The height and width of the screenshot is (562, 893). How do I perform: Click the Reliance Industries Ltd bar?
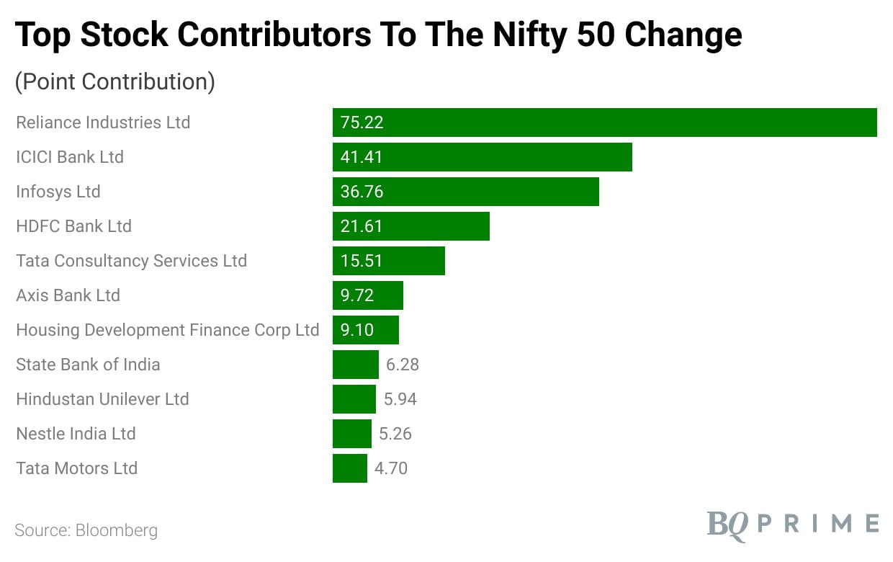[604, 122]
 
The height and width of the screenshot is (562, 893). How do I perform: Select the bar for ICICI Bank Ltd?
[482, 157]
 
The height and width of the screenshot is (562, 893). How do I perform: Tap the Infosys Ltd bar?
[465, 192]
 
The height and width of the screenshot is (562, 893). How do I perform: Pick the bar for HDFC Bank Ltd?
[410, 226]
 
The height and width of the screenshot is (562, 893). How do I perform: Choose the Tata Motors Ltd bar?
[350, 468]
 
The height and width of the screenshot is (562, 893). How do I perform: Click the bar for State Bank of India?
[355, 365]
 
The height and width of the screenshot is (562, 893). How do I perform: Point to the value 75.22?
[362, 122]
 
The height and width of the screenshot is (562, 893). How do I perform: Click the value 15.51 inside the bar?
[362, 261]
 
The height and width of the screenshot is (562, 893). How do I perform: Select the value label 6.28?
[403, 365]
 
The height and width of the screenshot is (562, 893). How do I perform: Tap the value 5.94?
[400, 399]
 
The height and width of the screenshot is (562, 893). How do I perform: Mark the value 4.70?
[391, 468]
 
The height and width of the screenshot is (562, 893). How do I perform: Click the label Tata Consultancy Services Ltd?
[131, 261]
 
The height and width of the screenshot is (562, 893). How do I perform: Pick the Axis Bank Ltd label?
[68, 295]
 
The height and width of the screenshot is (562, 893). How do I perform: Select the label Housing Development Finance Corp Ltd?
[167, 330]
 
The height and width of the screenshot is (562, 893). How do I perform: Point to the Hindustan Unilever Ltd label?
[102, 399]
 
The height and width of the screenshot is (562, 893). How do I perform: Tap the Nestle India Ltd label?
[76, 434]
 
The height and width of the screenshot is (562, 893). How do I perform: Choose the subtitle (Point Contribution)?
[115, 81]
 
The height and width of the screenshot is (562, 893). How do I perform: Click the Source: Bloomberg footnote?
[86, 531]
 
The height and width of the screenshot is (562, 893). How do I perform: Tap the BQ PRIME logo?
[792, 523]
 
